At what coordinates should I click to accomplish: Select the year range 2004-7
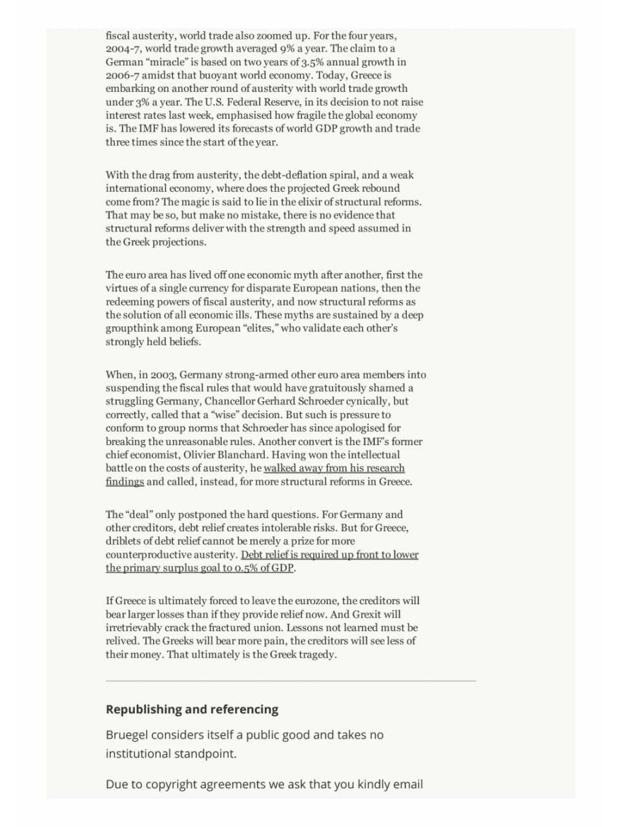(x=124, y=48)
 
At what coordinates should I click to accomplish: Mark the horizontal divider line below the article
(x=291, y=680)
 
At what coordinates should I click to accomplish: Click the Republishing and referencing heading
(x=192, y=709)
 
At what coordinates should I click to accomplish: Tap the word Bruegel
(x=128, y=735)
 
